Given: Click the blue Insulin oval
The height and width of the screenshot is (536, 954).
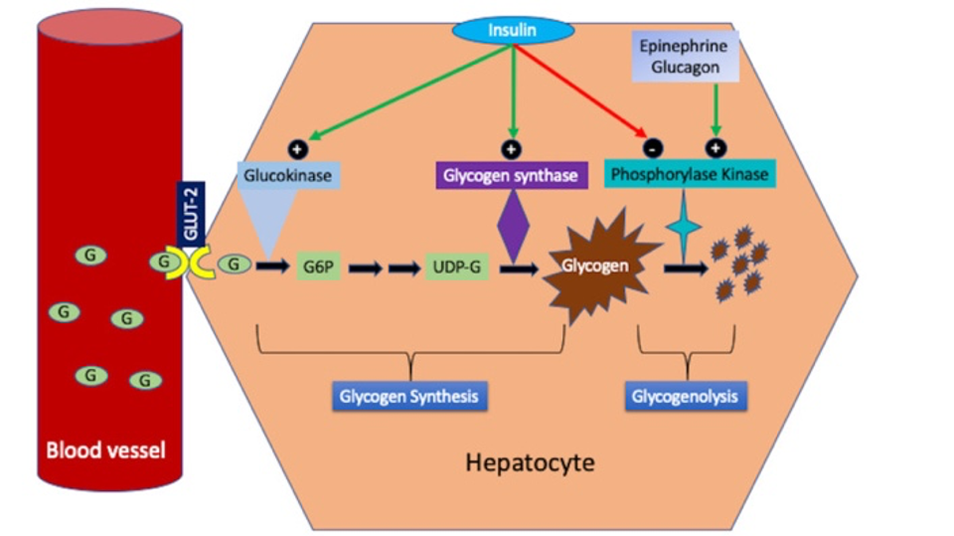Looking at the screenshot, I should coord(513,30).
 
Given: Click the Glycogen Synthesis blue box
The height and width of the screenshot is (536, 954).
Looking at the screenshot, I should coord(409,397).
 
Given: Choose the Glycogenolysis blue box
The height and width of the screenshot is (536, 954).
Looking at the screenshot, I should coord(687,397).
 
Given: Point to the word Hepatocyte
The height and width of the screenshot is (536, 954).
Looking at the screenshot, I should coord(530,462).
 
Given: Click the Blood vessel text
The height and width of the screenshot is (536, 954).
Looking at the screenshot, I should coord(105,450).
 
